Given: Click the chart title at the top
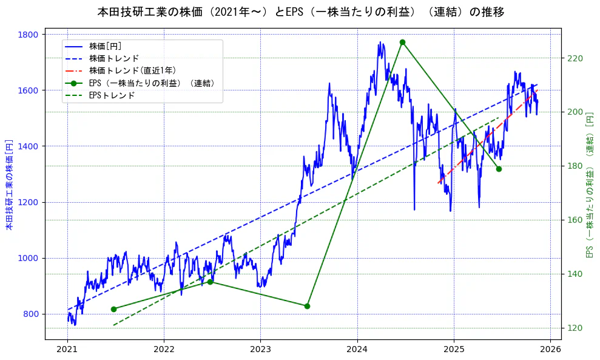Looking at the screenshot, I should point(300,12).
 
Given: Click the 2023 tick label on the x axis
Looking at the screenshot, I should point(260,350).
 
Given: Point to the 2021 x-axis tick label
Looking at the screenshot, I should point(67,350).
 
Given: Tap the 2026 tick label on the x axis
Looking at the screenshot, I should point(550,350).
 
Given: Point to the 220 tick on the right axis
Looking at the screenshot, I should point(575,58).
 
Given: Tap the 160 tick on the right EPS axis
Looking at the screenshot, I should point(575,220).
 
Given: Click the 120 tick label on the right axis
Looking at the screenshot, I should point(575,328).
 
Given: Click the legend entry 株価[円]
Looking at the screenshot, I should point(106,46).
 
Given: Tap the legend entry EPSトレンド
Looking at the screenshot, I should point(112,95).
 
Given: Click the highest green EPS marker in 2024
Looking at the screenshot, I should point(402,42).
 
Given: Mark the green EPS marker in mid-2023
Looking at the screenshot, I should point(307,306).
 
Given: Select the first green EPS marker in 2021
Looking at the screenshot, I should point(113,309).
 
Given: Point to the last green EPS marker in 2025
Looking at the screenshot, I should point(499,169).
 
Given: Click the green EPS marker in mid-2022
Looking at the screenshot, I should point(210,282).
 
